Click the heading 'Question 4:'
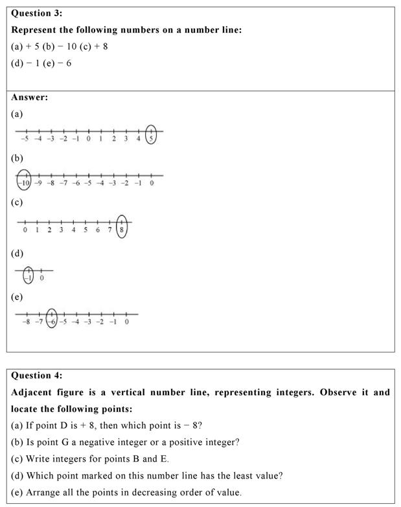pyautogui.click(x=36, y=375)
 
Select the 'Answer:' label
pyautogui.click(x=29, y=98)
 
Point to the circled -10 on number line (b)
pyautogui.click(x=23, y=180)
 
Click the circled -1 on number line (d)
pyautogui.click(x=28, y=275)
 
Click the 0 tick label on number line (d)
pyautogui.click(x=41, y=278)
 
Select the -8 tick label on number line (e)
pyautogui.click(x=26, y=321)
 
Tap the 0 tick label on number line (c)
pyautogui.click(x=25, y=230)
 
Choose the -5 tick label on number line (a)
pyautogui.click(x=24, y=138)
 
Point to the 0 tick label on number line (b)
pyautogui.click(x=152, y=183)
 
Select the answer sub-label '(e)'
pyautogui.click(x=17, y=297)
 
